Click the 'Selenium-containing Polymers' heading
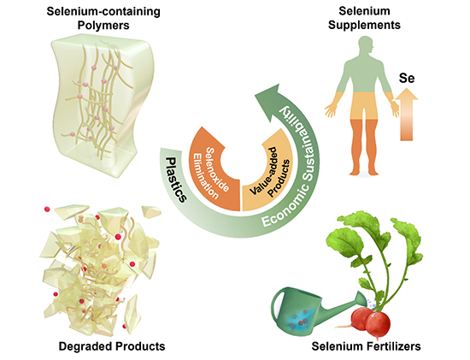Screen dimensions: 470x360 click(103, 18)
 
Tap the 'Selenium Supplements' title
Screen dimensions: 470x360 click(364, 18)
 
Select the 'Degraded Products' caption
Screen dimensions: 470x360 click(112, 346)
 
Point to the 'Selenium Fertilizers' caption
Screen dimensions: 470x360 click(367, 346)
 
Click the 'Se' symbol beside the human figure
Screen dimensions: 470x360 click(407, 79)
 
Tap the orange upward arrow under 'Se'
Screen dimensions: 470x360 click(407, 115)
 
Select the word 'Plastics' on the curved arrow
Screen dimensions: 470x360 click(176, 180)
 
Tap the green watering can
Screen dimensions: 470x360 click(318, 312)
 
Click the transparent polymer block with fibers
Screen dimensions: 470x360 click(102, 105)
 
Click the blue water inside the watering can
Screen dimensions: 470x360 click(300, 321)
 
